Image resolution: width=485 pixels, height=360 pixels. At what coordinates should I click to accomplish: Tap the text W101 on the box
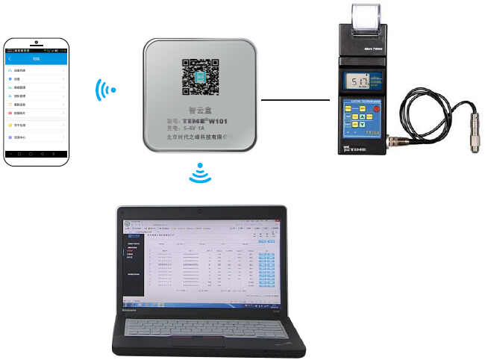[218, 120]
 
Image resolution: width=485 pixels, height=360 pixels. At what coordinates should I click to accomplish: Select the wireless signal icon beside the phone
[105, 91]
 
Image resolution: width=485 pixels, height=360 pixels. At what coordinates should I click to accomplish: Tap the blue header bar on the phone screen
[36, 58]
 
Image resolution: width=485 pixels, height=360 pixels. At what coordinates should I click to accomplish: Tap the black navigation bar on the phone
[36, 152]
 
